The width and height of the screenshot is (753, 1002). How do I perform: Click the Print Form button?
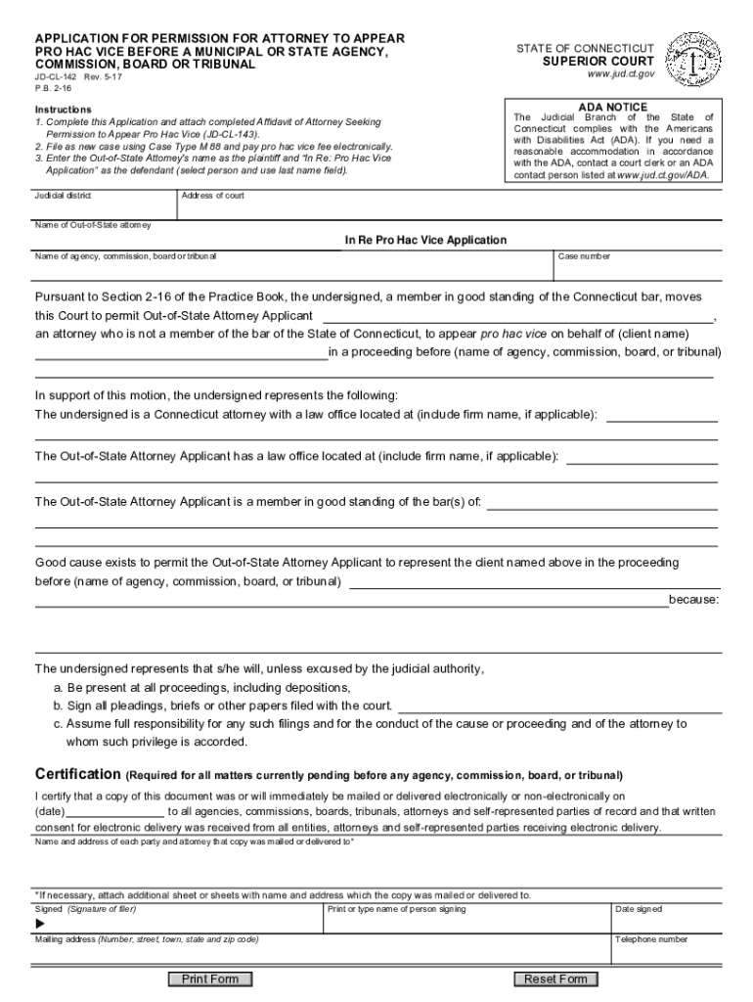tap(210, 979)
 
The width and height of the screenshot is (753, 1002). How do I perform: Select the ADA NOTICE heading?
tap(613, 106)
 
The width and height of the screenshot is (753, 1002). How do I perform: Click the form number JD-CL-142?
tap(56, 75)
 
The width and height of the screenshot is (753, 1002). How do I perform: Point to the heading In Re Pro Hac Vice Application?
tap(425, 240)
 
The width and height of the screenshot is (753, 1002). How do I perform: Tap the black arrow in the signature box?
tap(41, 924)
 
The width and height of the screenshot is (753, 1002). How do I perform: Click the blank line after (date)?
tap(115, 811)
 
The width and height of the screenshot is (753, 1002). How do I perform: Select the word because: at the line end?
tap(693, 599)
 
